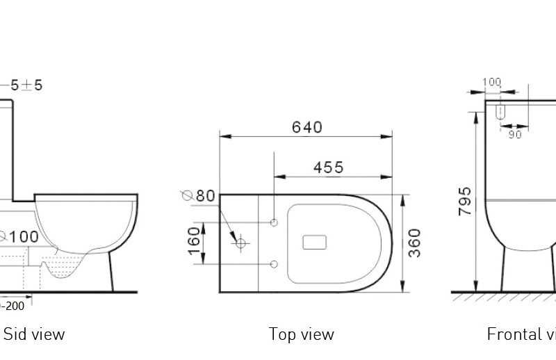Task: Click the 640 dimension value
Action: [306, 127]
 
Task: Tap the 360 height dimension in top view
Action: [414, 243]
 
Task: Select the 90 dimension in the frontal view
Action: [514, 135]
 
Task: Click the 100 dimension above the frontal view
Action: [491, 82]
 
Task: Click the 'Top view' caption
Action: [301, 334]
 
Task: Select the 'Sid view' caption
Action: [34, 334]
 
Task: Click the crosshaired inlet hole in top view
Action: [242, 243]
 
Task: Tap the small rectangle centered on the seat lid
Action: [315, 243]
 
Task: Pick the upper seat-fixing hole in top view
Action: [275, 222]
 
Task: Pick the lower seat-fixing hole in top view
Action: [275, 264]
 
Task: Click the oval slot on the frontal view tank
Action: [500, 111]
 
